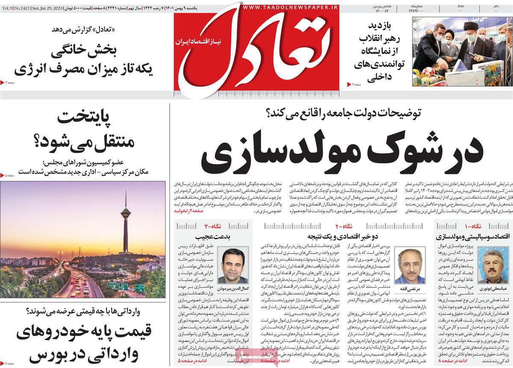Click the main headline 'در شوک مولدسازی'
pyautogui.click(x=342, y=152)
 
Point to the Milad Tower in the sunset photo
pyautogui.click(x=125, y=222)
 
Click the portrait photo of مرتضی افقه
pyautogui.click(x=410, y=262)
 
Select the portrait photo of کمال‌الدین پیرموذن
pyautogui.click(x=234, y=265)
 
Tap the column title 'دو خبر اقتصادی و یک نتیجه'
pyautogui.click(x=335, y=236)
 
